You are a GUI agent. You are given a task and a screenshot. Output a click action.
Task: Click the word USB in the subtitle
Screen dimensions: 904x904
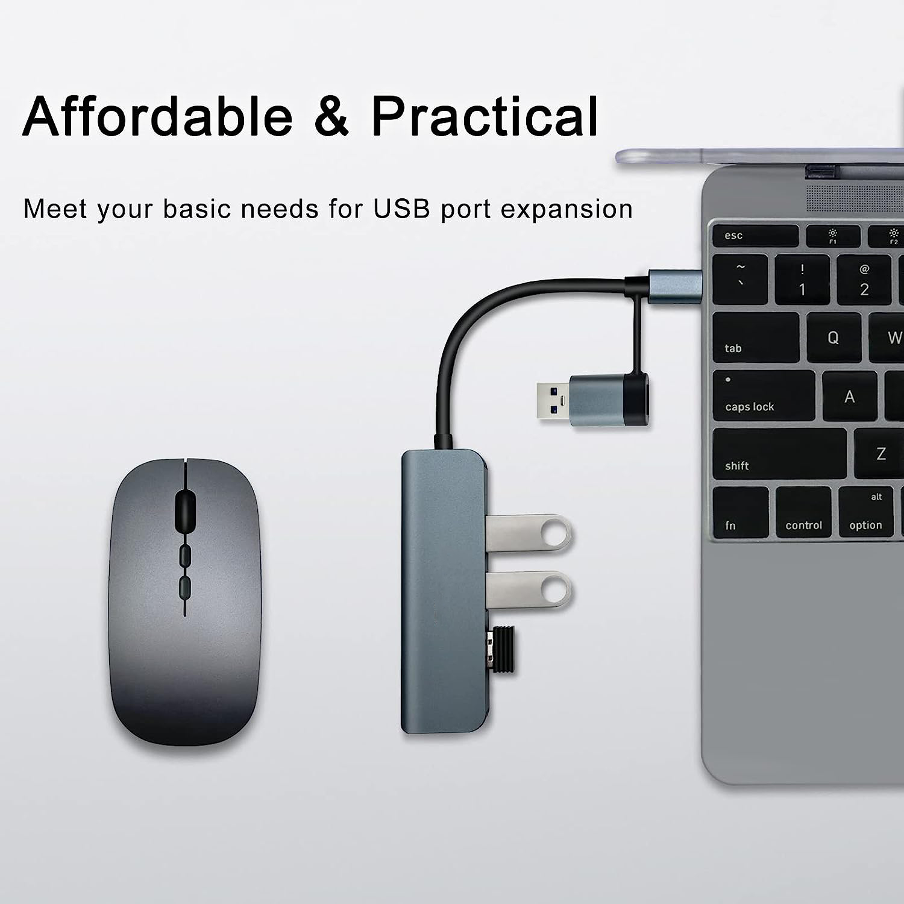[401, 209]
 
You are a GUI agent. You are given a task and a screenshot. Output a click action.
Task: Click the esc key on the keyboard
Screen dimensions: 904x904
[755, 235]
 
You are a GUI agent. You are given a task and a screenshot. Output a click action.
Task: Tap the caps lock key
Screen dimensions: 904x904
[763, 395]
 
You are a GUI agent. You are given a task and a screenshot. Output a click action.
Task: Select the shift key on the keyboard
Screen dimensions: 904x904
[779, 454]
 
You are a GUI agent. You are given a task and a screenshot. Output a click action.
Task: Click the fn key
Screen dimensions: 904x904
[740, 512]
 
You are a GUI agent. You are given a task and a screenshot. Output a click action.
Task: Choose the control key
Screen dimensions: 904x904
[803, 512]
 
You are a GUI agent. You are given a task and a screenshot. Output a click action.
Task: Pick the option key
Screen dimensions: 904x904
[866, 512]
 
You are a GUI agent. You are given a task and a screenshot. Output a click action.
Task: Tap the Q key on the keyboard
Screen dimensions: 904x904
[833, 337]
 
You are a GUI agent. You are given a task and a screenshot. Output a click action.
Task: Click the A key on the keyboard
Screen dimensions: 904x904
[849, 396]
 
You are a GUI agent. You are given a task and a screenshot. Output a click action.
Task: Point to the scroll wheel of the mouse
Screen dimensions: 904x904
[184, 507]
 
